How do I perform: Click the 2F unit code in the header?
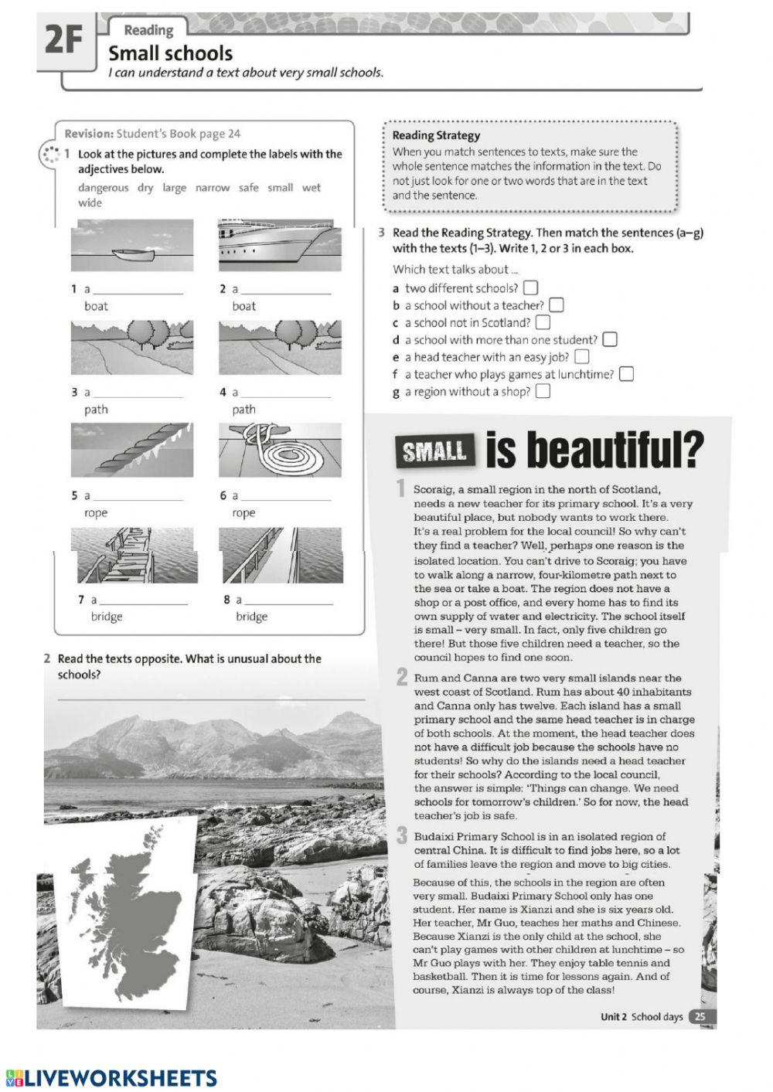[63, 40]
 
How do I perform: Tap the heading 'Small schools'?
[170, 53]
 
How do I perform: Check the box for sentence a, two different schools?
[530, 288]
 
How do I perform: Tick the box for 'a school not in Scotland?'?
[543, 322]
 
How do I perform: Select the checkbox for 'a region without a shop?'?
[543, 391]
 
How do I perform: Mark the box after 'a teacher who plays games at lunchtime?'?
[626, 374]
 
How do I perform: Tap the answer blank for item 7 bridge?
[144, 602]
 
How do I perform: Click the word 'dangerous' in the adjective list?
[104, 188]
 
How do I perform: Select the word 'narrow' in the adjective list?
[213, 188]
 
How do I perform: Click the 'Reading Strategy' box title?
[436, 135]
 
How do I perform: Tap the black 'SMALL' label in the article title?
[435, 451]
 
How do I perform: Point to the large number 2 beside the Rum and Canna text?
[402, 678]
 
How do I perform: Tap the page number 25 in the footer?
[700, 1017]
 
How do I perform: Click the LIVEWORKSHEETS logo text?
[120, 1078]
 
